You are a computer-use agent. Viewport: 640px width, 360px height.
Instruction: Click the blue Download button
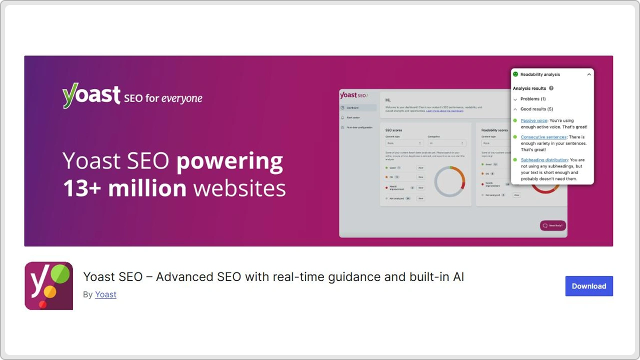click(589, 286)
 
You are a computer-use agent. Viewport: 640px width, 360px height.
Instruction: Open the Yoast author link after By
click(105, 294)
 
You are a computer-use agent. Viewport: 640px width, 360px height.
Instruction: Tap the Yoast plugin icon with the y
click(48, 286)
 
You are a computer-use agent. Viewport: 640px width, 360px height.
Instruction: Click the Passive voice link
click(534, 120)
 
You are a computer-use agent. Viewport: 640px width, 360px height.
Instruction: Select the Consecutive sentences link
click(543, 137)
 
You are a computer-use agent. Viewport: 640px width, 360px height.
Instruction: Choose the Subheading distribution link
click(544, 160)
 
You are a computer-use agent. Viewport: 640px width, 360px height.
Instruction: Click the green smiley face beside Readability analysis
click(515, 74)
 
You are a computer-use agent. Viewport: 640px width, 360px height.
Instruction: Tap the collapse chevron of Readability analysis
click(589, 74)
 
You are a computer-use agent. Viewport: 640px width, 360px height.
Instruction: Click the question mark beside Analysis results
click(551, 88)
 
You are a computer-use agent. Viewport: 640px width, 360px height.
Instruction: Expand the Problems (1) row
click(532, 99)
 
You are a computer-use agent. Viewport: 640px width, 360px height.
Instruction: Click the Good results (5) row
click(536, 109)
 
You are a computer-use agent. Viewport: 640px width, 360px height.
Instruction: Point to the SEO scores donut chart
click(449, 181)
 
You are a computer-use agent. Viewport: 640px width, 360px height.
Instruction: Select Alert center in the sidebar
click(353, 117)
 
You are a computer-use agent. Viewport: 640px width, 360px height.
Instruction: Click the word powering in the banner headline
click(229, 161)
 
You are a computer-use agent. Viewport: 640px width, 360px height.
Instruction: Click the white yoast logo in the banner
click(91, 95)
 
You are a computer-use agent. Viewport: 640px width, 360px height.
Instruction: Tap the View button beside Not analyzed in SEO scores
click(420, 198)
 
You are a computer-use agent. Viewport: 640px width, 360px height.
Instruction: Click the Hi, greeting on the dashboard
click(388, 100)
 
